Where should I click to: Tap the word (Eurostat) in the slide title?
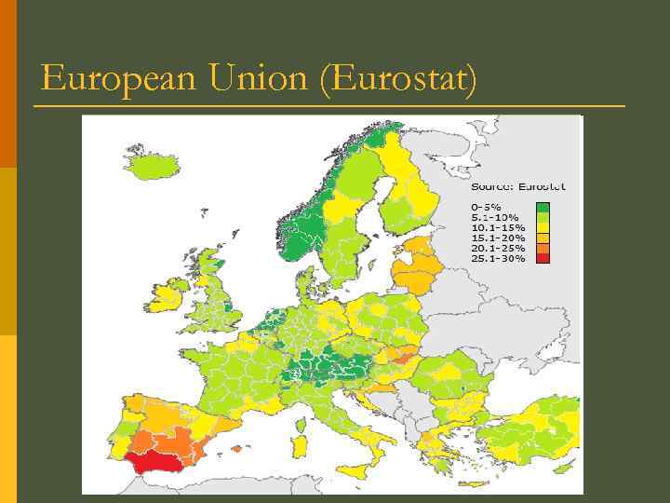point(398,80)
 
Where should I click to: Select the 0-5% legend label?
point(486,206)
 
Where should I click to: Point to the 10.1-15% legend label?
point(498,226)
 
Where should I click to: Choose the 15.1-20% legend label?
point(498,237)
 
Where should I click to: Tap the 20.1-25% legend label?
point(498,247)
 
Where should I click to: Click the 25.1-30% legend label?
point(498,258)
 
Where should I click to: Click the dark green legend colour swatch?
point(543,207)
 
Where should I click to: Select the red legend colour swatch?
point(543,258)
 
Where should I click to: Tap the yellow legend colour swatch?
point(543,227)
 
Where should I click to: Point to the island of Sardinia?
point(300,442)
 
